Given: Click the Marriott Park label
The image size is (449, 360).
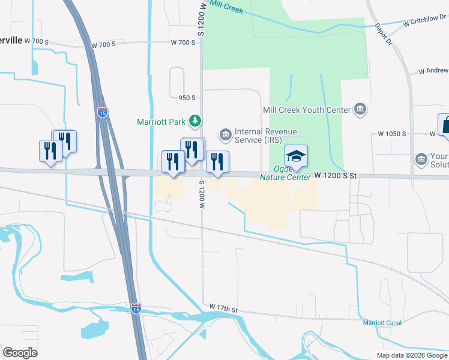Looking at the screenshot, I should pyautogui.click(x=161, y=122).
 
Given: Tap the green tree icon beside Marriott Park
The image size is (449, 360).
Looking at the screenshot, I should pyautogui.click(x=195, y=122).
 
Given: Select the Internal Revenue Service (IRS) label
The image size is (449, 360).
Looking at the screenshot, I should pyautogui.click(x=266, y=136).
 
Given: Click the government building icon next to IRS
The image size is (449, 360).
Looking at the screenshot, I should pyautogui.click(x=226, y=135).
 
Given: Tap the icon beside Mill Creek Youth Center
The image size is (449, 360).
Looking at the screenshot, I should pyautogui.click(x=360, y=109).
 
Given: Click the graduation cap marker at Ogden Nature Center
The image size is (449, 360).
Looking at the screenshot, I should pyautogui.click(x=296, y=157).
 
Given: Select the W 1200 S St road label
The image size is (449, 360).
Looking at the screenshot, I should pyautogui.click(x=336, y=176).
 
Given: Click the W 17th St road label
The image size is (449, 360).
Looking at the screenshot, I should pyautogui.click(x=224, y=308).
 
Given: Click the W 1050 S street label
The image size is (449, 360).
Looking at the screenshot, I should pyautogui.click(x=391, y=133).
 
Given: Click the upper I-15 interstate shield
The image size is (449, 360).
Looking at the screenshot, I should pyautogui.click(x=103, y=112).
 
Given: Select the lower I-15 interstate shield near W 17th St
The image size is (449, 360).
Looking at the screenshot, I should pyautogui.click(x=136, y=308).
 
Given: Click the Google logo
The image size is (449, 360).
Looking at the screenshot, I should pyautogui.click(x=20, y=353).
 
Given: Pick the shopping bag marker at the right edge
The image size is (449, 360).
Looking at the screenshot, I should pyautogui.click(x=445, y=126).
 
